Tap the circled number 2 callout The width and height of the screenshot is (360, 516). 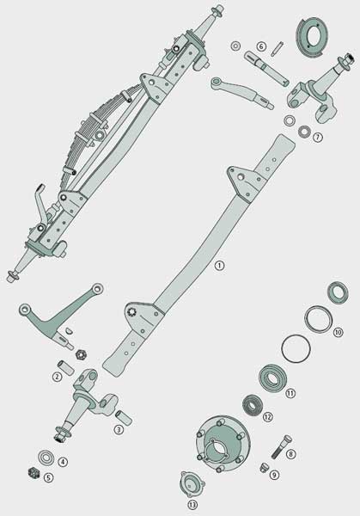(57, 376)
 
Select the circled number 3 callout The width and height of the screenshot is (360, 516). (119, 429)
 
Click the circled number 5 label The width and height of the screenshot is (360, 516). (49, 477)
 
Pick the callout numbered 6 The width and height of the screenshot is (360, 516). (260, 46)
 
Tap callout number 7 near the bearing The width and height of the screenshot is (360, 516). (318, 137)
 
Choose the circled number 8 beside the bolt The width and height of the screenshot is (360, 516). (290, 454)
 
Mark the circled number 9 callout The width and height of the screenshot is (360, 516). (274, 474)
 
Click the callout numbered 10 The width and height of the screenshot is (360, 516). (338, 331)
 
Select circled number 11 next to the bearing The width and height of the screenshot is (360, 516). (290, 393)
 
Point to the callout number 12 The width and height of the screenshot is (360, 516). (268, 416)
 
